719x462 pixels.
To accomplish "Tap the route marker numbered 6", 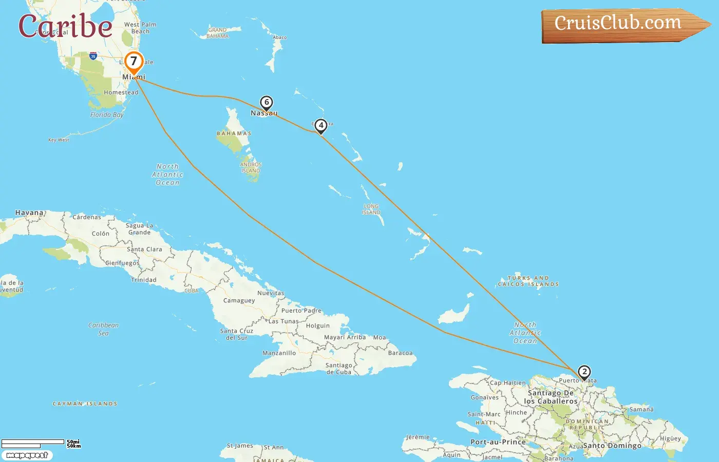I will click(266, 103).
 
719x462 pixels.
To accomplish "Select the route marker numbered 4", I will click(320, 125).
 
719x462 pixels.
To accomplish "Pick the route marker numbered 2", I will click(584, 372).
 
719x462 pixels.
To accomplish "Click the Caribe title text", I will click(65, 26).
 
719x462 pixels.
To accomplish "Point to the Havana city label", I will click(29, 213).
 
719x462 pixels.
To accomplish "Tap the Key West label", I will click(59, 140).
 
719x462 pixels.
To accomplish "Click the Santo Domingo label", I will click(612, 446).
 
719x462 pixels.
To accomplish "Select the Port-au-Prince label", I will click(498, 442).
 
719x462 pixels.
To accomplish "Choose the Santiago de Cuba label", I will click(338, 369).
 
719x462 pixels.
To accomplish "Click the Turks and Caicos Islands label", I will click(528, 281).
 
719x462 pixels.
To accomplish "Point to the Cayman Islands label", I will click(85, 404).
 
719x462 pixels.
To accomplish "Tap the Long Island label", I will click(371, 209).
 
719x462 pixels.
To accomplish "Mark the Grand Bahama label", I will click(217, 33).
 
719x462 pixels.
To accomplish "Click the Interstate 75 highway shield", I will click(93, 55).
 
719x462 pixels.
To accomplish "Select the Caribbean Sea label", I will click(103, 329).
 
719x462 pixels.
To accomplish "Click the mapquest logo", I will click(27, 455).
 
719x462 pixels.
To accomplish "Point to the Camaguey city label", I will click(239, 300).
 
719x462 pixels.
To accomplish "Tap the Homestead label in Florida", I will click(121, 92).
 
